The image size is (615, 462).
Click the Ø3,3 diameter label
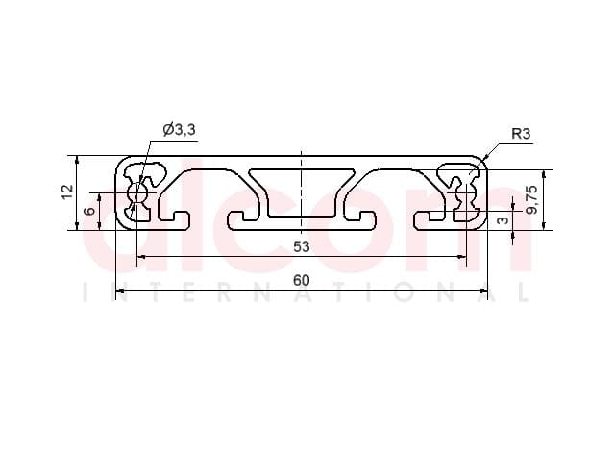point(179,130)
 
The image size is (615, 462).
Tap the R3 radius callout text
point(521,134)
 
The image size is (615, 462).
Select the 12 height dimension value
point(67,192)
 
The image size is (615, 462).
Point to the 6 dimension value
point(90,211)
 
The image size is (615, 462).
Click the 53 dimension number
point(301,246)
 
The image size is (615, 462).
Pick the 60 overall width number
point(301,280)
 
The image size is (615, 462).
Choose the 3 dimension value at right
point(503,220)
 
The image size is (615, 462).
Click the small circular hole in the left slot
point(137,192)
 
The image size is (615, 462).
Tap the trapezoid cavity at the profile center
point(302,192)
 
